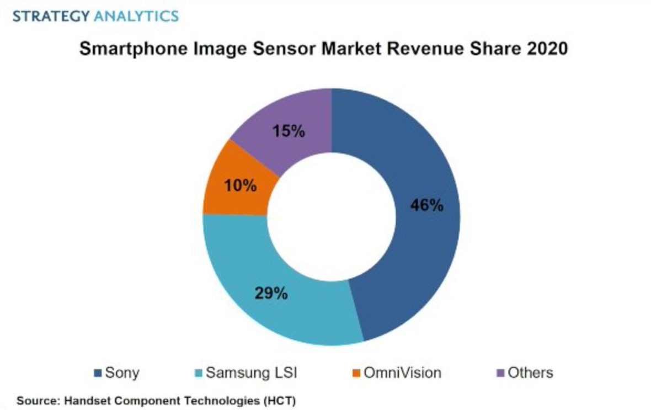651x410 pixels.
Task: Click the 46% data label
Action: (426, 205)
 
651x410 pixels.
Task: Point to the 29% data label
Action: (271, 293)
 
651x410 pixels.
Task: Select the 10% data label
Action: (241, 186)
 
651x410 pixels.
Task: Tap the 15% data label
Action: (289, 132)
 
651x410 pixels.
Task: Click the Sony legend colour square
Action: (98, 373)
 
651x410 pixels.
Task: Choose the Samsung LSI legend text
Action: (251, 373)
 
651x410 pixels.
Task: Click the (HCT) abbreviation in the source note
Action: (281, 400)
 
